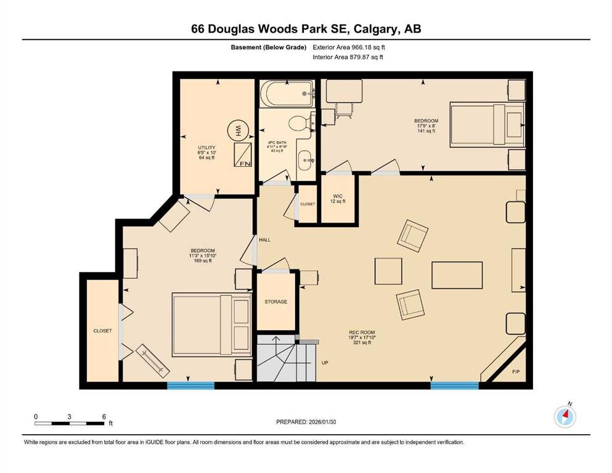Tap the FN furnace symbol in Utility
pos(243,155)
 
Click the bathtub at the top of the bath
pos(287,94)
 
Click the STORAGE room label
pos(275,302)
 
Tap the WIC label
pos(338,196)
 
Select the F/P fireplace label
pos(516,372)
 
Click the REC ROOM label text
pos(362,333)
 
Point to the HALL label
pos(264,240)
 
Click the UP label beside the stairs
pos(325,363)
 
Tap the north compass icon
pos(565,417)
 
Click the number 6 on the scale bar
pos(104,416)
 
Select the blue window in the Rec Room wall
pos(454,386)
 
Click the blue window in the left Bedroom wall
pos(190,386)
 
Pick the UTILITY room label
pos(206,148)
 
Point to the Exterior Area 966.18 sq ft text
pos(349,47)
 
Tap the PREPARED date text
pos(306,422)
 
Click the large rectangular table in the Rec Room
pos(457,275)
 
